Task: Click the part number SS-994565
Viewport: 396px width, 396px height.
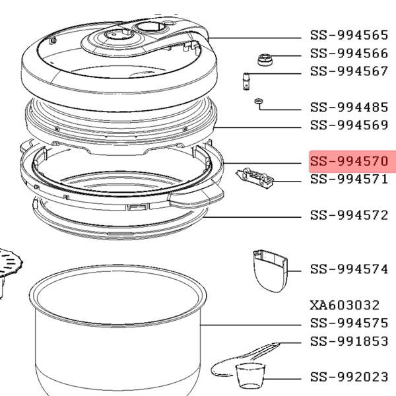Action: [349, 35]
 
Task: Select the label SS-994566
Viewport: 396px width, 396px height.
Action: [349, 53]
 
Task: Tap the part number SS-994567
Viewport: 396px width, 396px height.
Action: [349, 71]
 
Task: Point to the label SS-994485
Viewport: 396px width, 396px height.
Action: [349, 107]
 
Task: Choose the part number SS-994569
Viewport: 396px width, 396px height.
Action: [349, 125]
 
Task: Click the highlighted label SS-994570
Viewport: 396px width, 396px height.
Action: [349, 161]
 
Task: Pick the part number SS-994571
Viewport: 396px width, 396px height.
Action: [349, 179]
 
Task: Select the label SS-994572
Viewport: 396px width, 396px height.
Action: [349, 215]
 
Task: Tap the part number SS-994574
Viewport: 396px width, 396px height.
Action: [349, 269]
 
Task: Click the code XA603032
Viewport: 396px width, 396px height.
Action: [345, 305]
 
